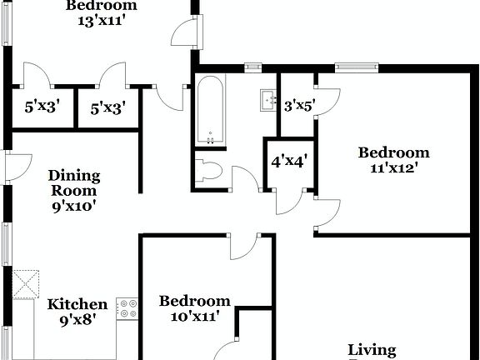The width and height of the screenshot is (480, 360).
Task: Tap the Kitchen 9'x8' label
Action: pos(77,311)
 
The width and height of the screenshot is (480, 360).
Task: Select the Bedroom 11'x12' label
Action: pos(393,159)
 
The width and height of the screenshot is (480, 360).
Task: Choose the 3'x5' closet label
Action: pos(297,106)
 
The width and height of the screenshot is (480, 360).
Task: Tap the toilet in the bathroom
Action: pos(207,171)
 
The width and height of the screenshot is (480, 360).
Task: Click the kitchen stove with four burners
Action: pos(127,308)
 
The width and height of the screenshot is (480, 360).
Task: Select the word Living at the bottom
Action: pos(372,350)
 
